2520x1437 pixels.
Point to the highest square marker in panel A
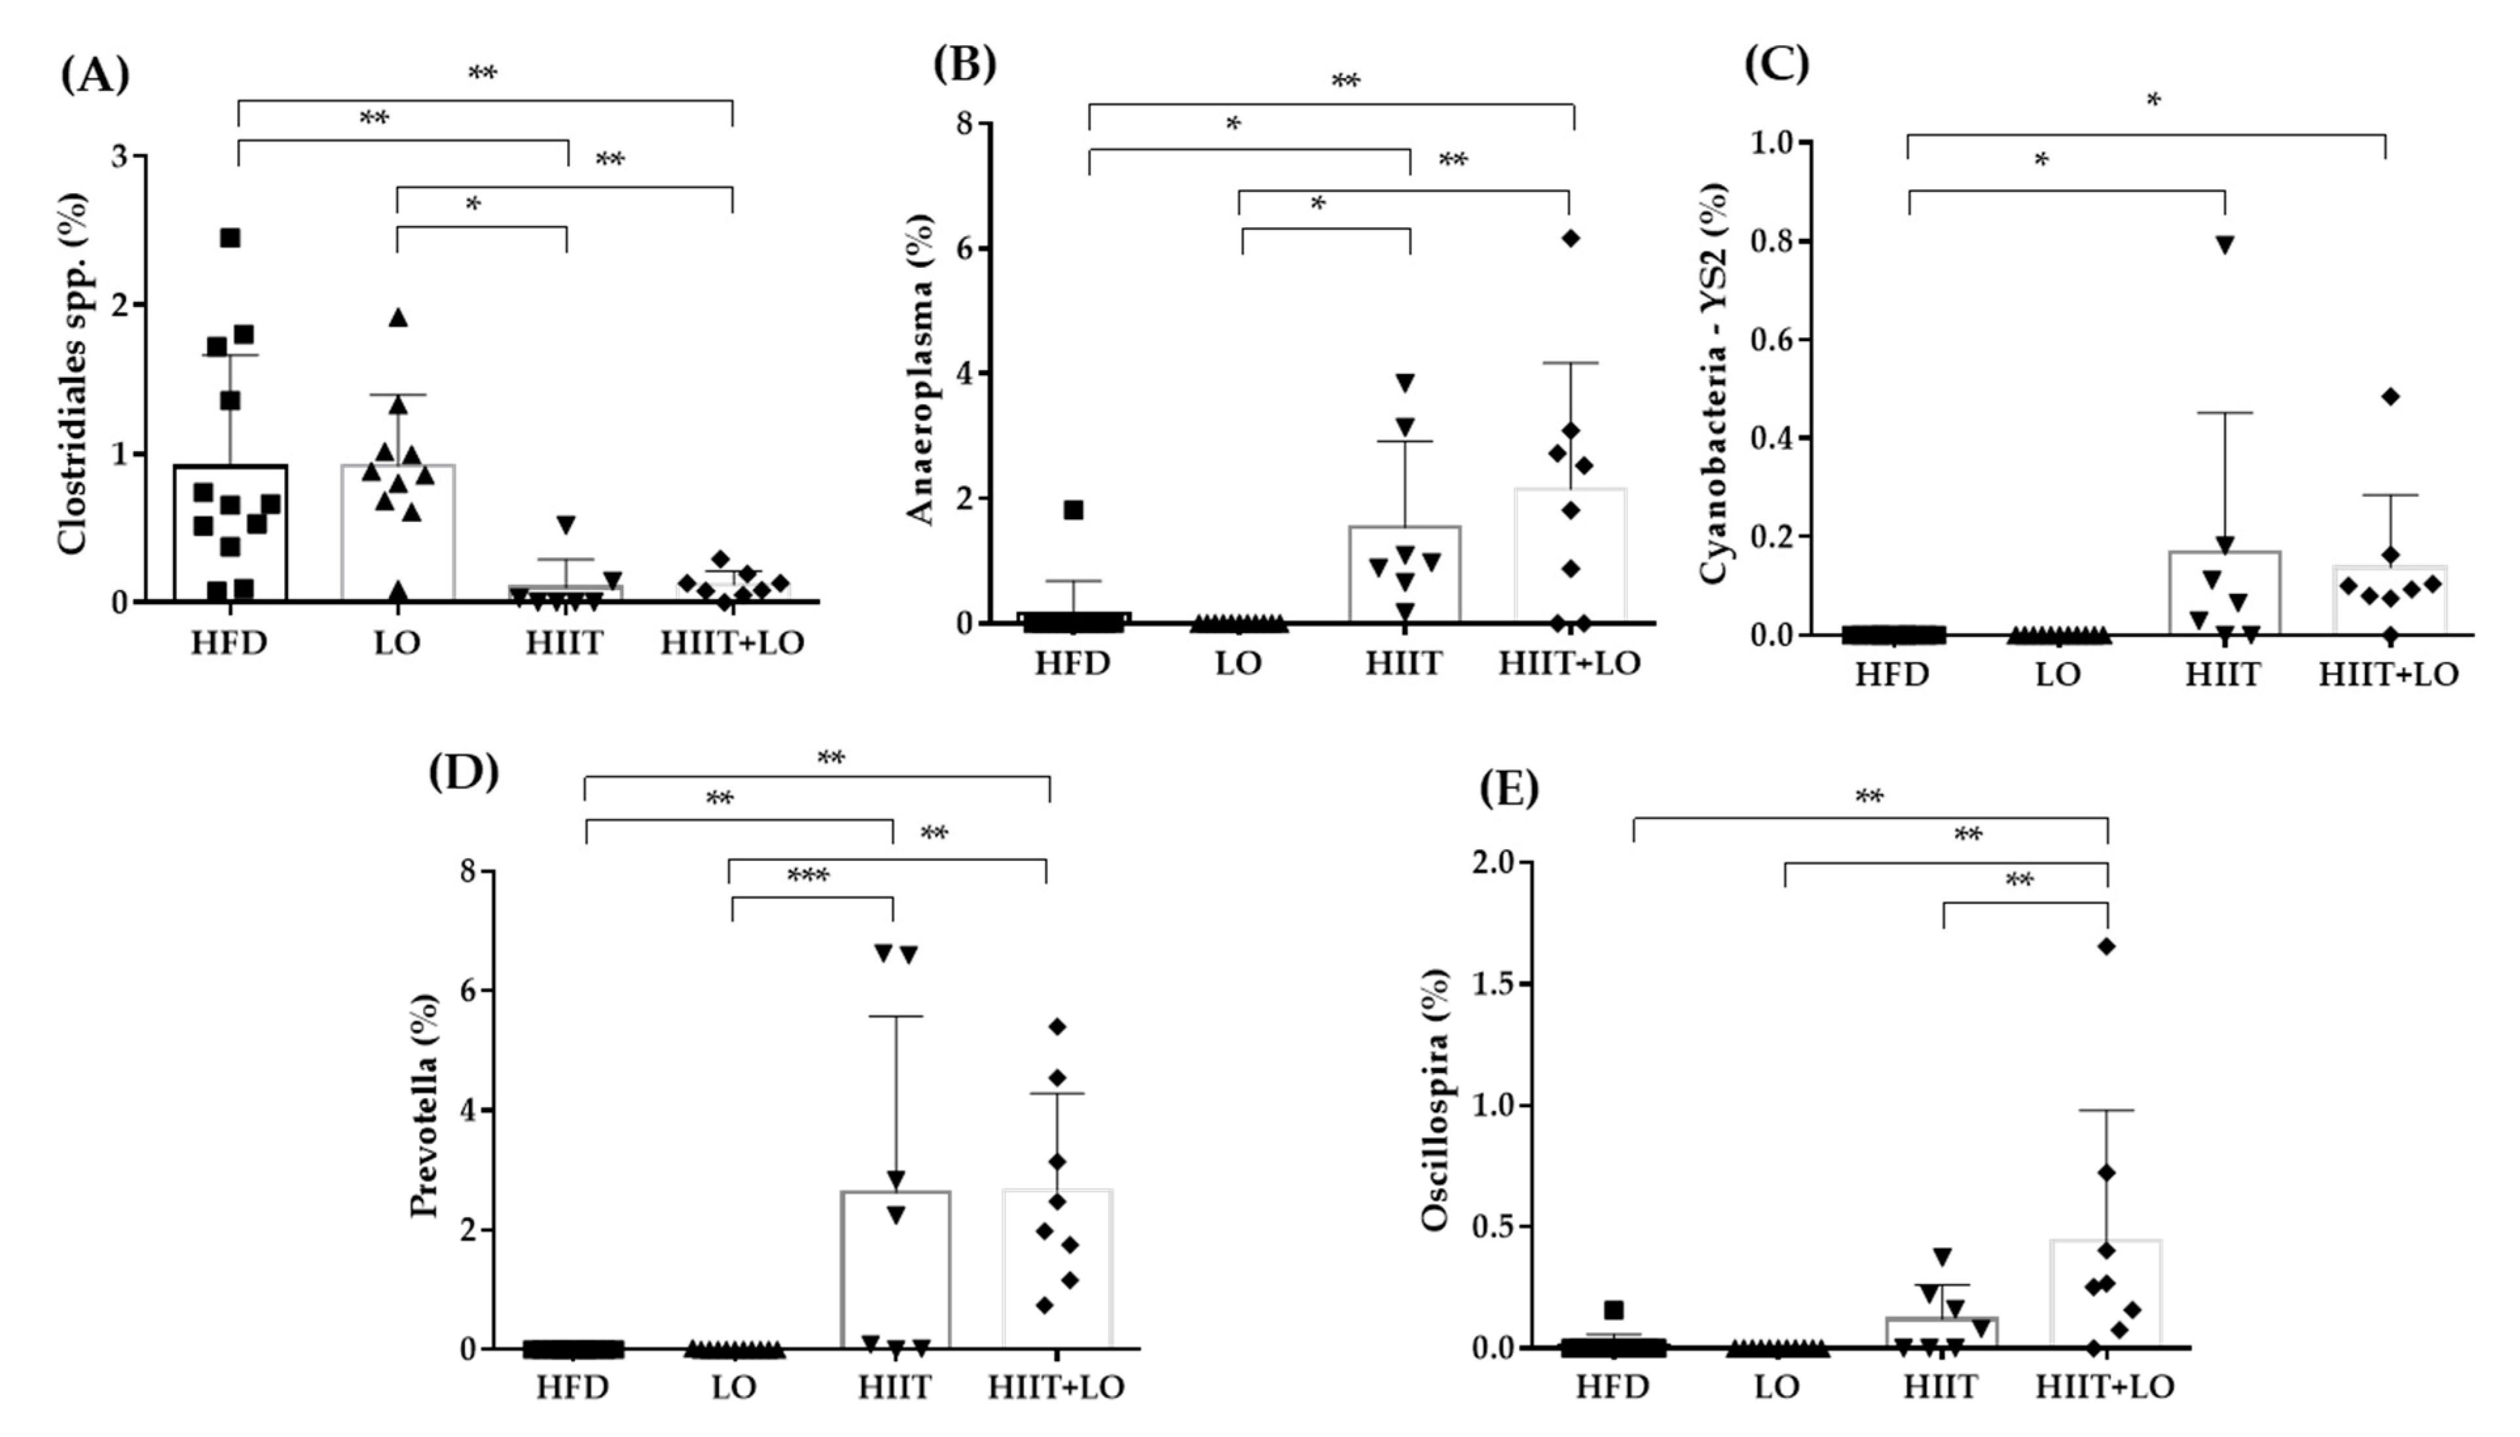pyautogui.click(x=230, y=238)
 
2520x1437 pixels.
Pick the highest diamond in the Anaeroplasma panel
pyautogui.click(x=1571, y=238)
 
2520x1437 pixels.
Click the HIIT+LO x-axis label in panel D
pyautogui.click(x=1056, y=1387)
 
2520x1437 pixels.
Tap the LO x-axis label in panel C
pyautogui.click(x=2057, y=675)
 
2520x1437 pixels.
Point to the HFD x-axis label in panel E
pyautogui.click(x=1611, y=1387)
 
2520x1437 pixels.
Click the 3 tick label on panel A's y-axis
pyautogui.click(x=120, y=156)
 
